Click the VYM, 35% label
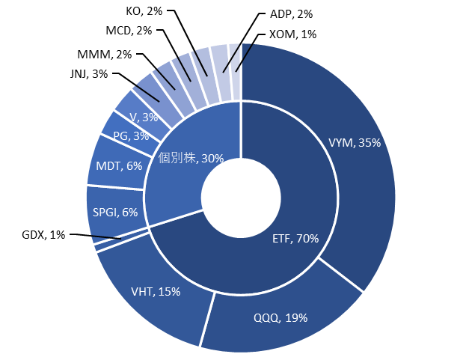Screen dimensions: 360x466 click(x=355, y=143)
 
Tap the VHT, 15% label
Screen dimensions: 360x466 click(x=155, y=292)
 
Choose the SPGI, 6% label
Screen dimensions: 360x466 click(x=115, y=212)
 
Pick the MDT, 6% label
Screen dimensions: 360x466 click(x=120, y=165)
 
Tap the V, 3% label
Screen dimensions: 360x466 click(x=144, y=118)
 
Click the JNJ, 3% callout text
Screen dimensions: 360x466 click(x=88, y=73)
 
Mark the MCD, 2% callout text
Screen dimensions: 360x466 click(x=128, y=31)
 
